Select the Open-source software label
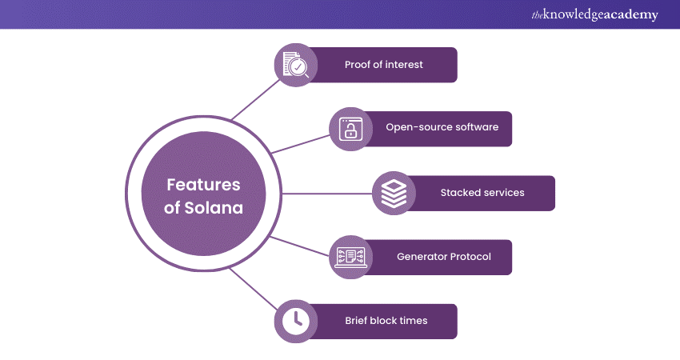click(442, 128)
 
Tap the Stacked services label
click(482, 193)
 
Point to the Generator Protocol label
click(443, 257)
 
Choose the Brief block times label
click(386, 321)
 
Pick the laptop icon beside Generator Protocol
click(350, 257)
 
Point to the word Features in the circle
click(203, 184)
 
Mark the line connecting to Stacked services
click(328, 193)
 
